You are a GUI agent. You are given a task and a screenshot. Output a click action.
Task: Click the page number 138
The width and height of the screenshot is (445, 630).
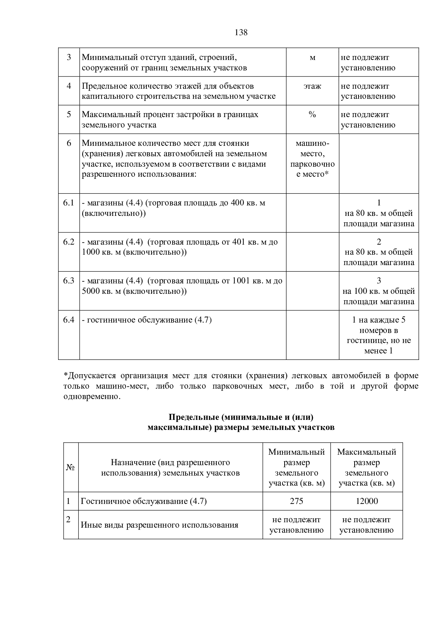[x=241, y=33]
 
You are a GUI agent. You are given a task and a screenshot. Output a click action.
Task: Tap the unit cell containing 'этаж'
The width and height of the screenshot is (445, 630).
[x=312, y=86]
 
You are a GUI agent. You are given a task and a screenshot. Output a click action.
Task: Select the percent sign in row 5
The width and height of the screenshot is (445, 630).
[x=312, y=115]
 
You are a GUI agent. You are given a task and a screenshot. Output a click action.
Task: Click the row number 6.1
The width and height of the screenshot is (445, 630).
[x=69, y=203]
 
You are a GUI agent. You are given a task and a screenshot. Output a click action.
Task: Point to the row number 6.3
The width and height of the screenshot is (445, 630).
[x=69, y=281]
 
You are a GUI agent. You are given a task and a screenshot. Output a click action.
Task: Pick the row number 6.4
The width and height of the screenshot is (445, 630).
[x=69, y=320]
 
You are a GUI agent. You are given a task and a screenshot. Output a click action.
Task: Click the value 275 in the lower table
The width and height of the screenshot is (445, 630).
[x=296, y=501]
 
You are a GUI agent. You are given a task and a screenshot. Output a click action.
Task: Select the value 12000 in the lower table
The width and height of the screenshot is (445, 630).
[x=366, y=501]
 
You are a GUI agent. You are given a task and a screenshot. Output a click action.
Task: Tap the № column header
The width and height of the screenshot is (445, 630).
[x=71, y=467]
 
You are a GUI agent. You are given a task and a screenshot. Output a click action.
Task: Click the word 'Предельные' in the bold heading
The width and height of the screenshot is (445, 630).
[x=194, y=417]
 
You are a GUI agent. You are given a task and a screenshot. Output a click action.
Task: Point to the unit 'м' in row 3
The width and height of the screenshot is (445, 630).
[x=312, y=57]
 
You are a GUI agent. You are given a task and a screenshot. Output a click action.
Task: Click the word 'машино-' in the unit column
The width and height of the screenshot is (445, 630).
[x=312, y=143]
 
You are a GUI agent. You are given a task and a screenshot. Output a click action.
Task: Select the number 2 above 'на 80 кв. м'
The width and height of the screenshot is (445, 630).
[x=379, y=242]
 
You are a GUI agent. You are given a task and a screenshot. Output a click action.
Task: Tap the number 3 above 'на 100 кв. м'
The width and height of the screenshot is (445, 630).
[x=379, y=281]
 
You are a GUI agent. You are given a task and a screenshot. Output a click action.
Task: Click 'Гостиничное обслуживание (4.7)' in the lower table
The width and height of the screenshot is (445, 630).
[x=144, y=501]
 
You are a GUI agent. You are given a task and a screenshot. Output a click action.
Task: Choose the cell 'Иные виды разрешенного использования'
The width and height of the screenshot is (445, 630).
[x=159, y=525]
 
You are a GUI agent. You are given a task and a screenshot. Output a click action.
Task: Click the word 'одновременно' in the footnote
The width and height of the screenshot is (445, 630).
[x=91, y=397]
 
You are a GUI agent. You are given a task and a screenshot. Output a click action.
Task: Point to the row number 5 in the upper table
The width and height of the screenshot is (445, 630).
[x=69, y=115]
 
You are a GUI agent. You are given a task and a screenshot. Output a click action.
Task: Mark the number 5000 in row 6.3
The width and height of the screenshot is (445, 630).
[x=91, y=291]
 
